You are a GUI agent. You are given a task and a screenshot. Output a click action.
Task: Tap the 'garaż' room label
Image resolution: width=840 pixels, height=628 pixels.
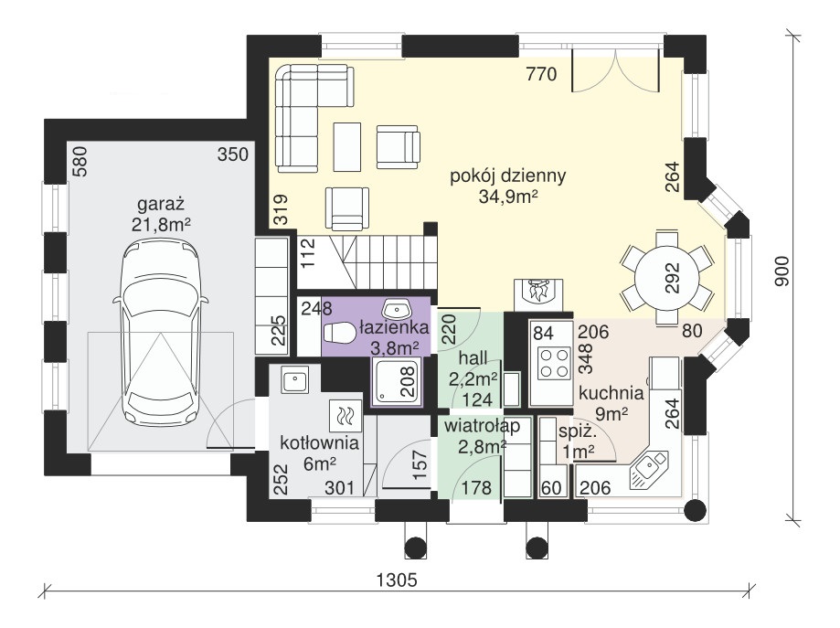tap(161, 204)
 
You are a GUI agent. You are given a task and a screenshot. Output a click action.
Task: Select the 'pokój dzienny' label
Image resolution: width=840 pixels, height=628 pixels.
tap(508, 176)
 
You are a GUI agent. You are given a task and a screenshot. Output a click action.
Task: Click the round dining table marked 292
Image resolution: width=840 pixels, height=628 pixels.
tap(667, 278)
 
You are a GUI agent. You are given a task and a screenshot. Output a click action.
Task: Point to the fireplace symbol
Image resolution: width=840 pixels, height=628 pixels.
tap(538, 293)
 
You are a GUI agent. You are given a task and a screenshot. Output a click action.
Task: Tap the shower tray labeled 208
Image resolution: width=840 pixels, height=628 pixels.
tap(397, 381)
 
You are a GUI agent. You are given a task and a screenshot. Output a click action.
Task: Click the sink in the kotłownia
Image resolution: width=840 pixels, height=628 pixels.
tap(294, 380)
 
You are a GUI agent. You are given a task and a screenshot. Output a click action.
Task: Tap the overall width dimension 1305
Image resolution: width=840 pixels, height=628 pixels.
tap(397, 580)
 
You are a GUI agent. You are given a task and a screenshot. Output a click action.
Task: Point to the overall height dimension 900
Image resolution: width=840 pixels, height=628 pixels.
tap(782, 271)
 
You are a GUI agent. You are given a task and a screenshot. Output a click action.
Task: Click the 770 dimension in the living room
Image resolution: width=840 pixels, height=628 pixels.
tap(541, 74)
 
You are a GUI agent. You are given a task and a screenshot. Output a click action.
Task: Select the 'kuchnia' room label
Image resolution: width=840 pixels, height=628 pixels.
tap(611, 393)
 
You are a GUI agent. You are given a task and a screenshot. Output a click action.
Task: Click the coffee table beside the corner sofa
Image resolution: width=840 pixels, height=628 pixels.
tap(347, 147)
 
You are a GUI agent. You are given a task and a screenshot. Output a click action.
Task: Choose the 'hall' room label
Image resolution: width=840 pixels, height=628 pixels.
tap(473, 358)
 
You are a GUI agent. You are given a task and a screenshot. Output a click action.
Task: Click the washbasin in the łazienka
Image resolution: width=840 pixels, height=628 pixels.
tap(397, 309)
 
